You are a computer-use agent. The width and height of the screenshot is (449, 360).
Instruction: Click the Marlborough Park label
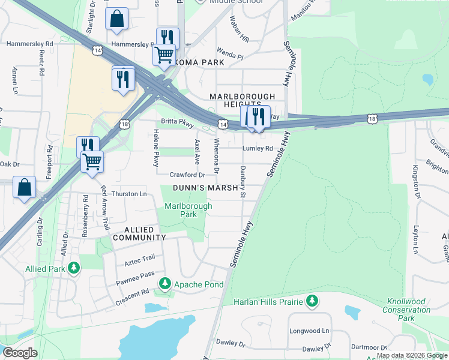(x=188, y=210)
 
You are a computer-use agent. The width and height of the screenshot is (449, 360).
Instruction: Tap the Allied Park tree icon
(x=74, y=268)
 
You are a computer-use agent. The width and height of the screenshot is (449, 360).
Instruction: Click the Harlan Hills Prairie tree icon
(x=312, y=300)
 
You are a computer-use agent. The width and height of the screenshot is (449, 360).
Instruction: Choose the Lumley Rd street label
(x=258, y=148)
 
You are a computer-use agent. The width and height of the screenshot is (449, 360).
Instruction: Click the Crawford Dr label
(x=187, y=175)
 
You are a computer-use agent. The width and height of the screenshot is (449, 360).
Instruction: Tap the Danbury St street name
(x=243, y=182)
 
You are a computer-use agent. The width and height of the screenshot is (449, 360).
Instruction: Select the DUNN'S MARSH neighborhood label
(x=206, y=188)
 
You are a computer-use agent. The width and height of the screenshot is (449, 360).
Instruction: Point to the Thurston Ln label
(x=129, y=194)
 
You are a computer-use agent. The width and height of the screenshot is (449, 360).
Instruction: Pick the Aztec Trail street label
(x=139, y=257)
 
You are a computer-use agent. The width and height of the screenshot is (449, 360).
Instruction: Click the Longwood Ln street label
(x=309, y=331)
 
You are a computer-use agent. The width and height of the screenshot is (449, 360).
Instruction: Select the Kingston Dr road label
(x=414, y=179)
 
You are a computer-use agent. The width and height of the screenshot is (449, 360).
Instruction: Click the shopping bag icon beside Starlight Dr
(x=116, y=19)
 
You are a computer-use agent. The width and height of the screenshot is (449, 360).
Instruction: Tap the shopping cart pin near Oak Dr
(x=92, y=161)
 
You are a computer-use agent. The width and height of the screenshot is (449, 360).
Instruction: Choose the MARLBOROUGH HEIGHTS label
(x=242, y=100)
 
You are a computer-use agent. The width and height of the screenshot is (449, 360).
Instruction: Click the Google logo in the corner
(x=20, y=353)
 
